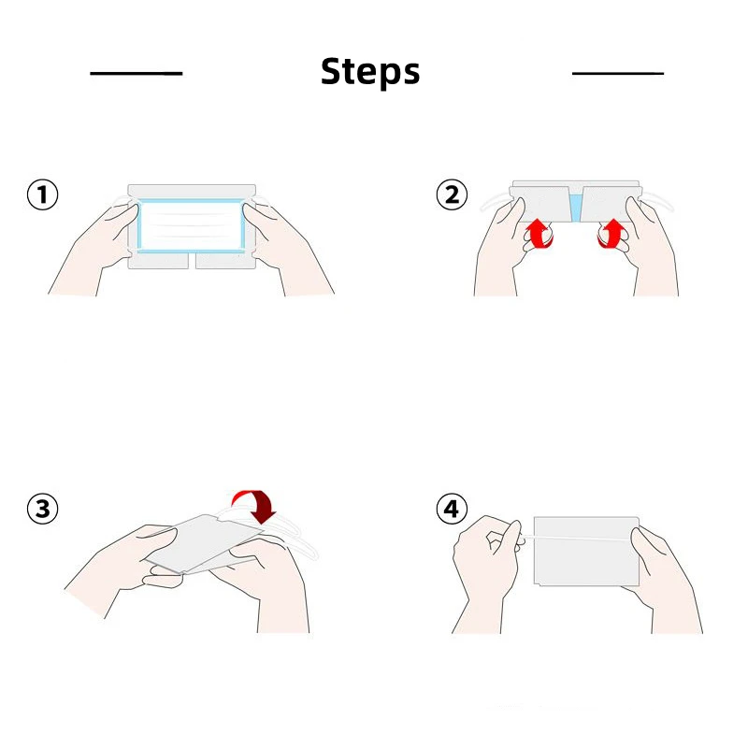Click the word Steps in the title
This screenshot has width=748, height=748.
coord(370,72)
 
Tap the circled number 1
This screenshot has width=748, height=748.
coord(42,194)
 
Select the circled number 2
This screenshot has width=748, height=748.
coord(452,194)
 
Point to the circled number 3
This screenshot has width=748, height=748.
coord(42,509)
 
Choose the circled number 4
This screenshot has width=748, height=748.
coord(452,509)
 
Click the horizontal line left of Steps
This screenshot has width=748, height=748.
coord(137,74)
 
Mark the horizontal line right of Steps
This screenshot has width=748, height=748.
coord(618,74)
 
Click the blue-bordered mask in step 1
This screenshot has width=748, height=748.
coord(192,225)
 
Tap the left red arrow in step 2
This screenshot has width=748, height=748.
coord(539,233)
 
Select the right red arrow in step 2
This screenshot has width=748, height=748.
coord(611,233)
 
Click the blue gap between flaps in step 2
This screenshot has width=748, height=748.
coord(576,209)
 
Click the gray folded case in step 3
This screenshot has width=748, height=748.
coord(204,544)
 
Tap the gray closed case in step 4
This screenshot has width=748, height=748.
coord(586,551)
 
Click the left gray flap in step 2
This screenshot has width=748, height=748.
coord(541,204)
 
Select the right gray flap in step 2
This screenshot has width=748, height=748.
coord(610,204)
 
